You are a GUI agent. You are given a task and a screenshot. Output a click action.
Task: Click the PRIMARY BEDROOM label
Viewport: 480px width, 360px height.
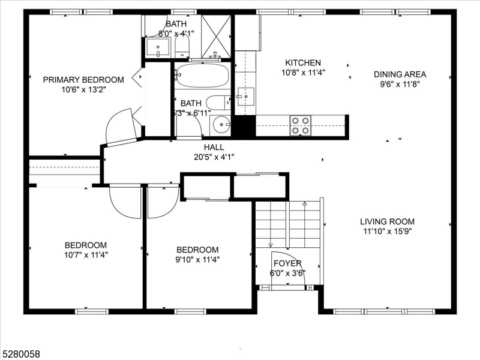coord(83,79)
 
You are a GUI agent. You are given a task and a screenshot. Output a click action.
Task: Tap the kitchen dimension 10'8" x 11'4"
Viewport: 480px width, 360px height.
coord(303,74)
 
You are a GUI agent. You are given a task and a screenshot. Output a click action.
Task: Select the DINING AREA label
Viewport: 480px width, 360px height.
coord(400,74)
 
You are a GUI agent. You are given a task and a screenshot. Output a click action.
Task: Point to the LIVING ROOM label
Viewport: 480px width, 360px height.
coord(387,221)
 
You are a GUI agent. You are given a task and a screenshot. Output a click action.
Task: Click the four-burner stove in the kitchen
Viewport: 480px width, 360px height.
coord(301,125)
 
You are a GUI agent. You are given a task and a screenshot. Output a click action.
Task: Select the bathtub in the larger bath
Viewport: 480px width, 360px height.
coord(201,76)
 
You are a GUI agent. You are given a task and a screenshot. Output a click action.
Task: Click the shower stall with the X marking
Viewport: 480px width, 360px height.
coord(216,36)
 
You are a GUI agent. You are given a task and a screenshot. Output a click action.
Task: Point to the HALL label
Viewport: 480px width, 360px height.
coord(214,147)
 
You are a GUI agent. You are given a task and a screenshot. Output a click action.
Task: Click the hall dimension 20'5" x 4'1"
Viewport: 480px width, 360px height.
coord(214,157)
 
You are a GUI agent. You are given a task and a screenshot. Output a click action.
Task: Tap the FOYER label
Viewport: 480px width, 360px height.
coord(287,263)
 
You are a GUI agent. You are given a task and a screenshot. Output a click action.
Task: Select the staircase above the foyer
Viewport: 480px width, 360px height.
coord(288,225)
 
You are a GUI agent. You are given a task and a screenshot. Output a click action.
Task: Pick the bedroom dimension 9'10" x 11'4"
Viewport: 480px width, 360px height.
coord(197,260)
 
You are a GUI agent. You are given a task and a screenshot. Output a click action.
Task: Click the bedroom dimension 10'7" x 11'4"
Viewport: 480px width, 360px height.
coord(86,254)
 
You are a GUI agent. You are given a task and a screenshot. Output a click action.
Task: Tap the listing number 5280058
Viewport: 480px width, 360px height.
coord(21,354)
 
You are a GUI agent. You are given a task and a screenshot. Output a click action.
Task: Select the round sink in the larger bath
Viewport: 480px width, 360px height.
coord(221,124)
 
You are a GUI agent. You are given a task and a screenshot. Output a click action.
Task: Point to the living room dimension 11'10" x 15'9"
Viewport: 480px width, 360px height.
coord(387,231)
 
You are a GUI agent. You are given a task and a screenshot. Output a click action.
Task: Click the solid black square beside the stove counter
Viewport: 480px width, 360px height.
coord(243,126)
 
